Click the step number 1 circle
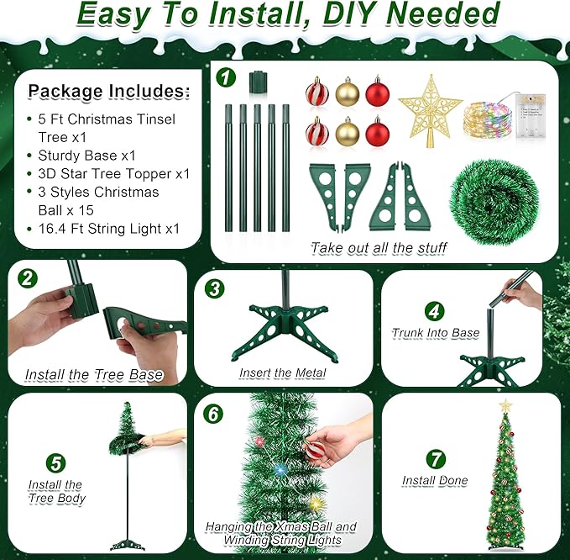tap(225, 77)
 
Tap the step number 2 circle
tap(29, 278)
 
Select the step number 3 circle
tap(217, 288)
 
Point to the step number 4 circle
tap(432, 310)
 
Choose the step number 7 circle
tap(434, 458)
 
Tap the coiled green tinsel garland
tap(486, 199)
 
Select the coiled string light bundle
tap(489, 119)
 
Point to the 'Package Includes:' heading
tap(109, 91)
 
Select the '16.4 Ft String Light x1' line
tap(108, 229)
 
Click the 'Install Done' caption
tap(434, 481)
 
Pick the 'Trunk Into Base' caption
tap(435, 333)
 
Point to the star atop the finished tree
tap(505, 405)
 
